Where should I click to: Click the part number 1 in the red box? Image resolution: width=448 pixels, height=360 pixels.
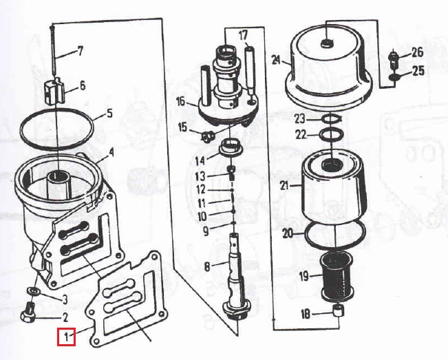[66, 337]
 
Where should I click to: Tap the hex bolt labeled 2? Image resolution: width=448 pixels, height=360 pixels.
[28, 313]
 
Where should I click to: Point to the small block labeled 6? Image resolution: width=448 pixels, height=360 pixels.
[54, 92]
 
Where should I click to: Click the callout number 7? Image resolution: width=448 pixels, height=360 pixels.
[81, 51]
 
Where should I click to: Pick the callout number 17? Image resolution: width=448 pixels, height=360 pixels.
[243, 36]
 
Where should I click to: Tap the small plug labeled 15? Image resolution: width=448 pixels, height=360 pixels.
[206, 137]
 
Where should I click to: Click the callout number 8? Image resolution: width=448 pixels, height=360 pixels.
[207, 267]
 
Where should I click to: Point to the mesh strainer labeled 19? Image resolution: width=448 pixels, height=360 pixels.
[337, 275]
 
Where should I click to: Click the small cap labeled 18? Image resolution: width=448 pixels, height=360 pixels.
[339, 310]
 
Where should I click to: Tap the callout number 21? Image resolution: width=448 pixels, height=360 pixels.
[285, 186]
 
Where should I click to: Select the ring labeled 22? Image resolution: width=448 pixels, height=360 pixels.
[331, 135]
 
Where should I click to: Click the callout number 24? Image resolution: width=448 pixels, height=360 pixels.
[276, 60]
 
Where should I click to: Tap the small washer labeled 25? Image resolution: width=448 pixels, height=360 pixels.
[394, 77]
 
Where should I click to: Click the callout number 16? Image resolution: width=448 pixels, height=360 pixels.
[180, 102]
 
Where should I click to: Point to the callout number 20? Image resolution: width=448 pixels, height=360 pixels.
[288, 233]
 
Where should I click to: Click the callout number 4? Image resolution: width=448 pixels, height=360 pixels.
[111, 153]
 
